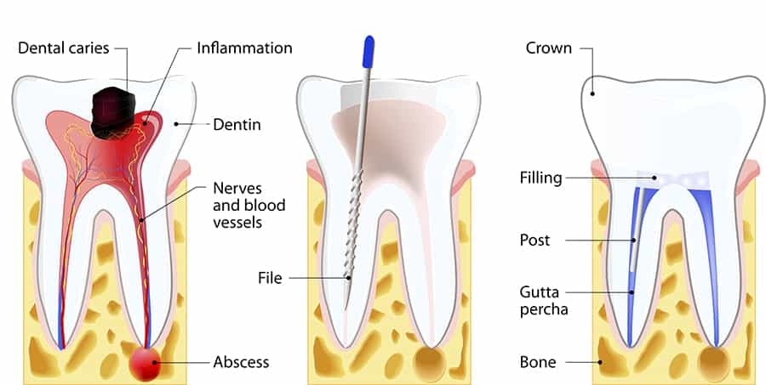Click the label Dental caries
[64, 48]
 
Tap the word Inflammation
[245, 48]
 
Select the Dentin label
[237, 124]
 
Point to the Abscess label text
[241, 362]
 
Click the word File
[270, 278]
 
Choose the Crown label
[549, 48]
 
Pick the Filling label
[540, 178]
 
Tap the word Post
[535, 240]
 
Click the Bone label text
[538, 362]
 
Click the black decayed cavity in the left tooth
[113, 112]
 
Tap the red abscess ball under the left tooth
[145, 363]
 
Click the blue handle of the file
[369, 51]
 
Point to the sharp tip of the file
[346, 308]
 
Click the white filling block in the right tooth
[673, 180]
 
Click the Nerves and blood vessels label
[249, 205]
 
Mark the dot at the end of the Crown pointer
[592, 93]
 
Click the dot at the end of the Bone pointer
[601, 362]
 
